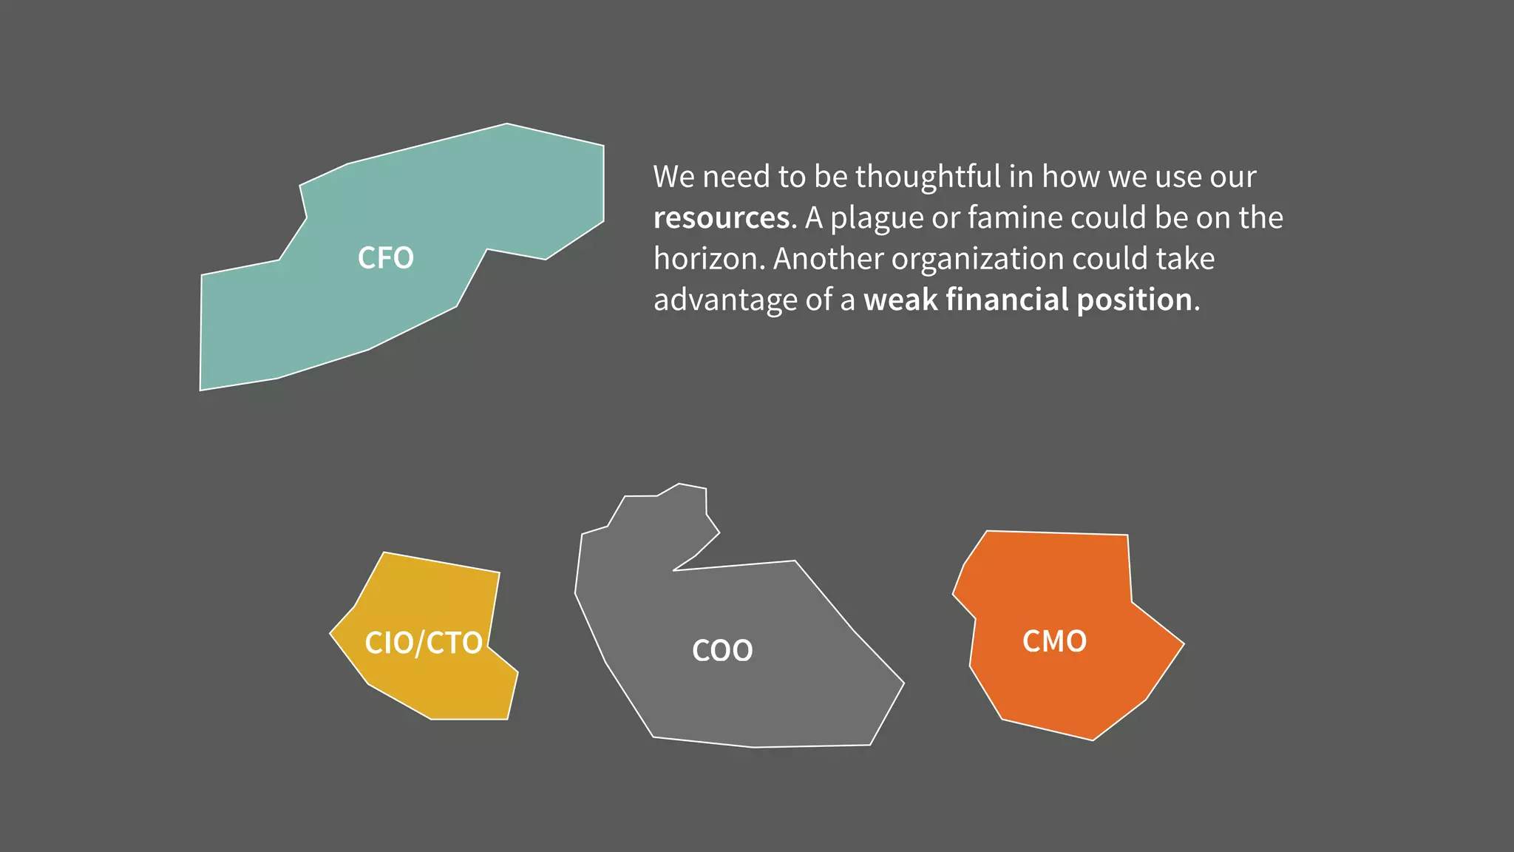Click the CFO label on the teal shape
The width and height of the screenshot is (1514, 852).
tap(385, 258)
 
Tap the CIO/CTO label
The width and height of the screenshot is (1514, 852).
tap(423, 643)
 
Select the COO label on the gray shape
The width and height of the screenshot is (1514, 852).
tap(722, 651)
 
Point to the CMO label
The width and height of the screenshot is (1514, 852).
tap(1054, 641)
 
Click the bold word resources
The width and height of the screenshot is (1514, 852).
tap(722, 218)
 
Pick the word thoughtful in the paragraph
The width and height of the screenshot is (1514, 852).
tap(928, 177)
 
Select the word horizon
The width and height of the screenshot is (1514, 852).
tap(708, 259)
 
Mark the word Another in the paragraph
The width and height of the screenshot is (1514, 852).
tap(827, 259)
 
